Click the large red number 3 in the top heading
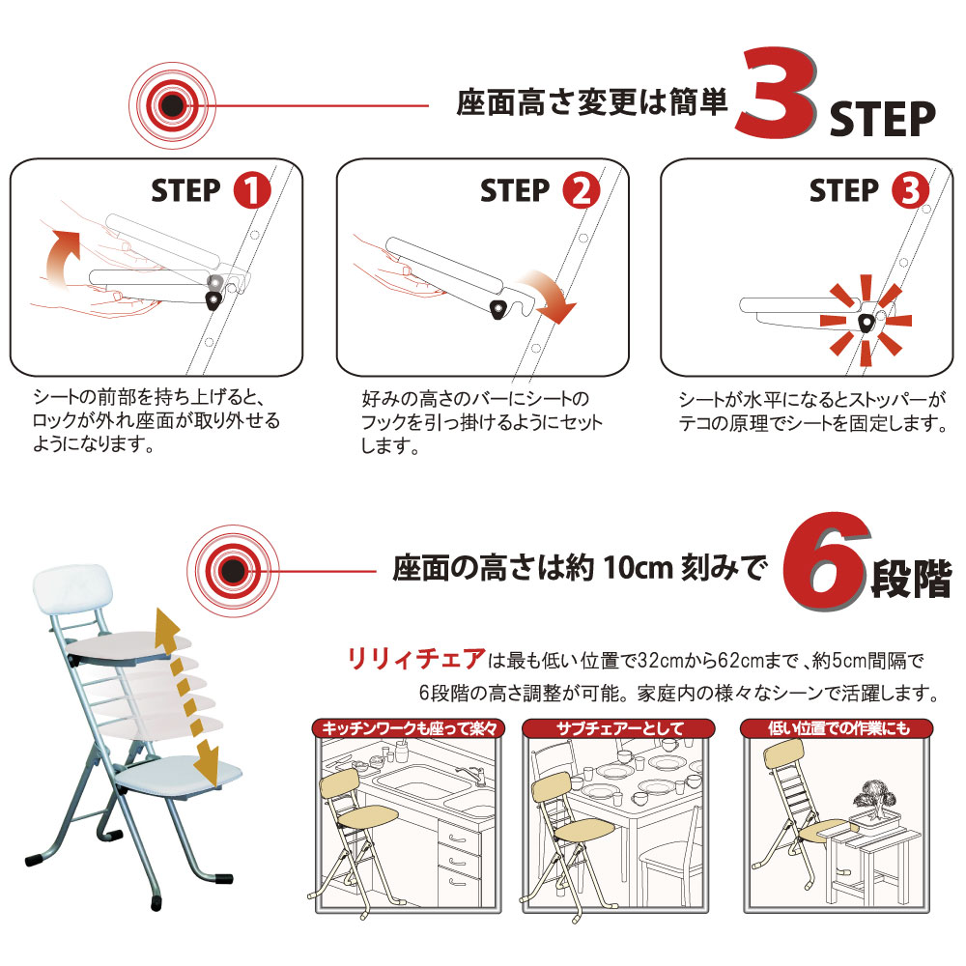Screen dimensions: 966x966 tap(778, 93)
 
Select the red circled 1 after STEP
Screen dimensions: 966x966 tap(251, 190)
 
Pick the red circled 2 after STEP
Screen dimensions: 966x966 tap(581, 190)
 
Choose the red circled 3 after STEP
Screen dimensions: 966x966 tap(910, 190)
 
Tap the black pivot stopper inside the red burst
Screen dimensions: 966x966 tap(867, 323)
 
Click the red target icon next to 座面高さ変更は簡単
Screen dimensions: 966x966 tap(173, 105)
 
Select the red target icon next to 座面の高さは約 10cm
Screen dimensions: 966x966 tap(233, 571)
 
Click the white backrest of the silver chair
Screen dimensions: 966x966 tap(72, 589)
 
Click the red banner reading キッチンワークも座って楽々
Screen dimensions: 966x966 tap(409, 728)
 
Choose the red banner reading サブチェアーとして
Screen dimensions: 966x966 tap(618, 728)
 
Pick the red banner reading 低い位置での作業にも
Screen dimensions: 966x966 tap(837, 728)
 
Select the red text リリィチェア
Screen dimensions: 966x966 tap(416, 659)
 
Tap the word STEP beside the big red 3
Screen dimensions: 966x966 tap(882, 119)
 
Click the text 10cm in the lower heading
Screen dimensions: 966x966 tap(638, 567)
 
